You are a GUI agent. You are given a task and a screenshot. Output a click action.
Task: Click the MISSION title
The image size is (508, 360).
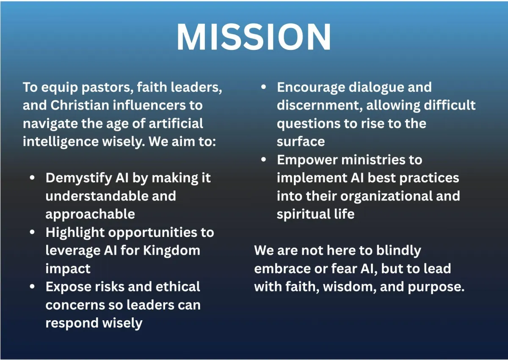(254, 37)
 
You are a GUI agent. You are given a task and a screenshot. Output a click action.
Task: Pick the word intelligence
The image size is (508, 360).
(61, 142)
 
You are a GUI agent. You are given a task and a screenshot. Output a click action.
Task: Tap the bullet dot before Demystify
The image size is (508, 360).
(32, 178)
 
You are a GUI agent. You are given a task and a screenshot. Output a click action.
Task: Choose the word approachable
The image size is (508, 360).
(90, 214)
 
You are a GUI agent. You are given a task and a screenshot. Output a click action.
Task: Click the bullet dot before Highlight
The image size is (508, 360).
(32, 232)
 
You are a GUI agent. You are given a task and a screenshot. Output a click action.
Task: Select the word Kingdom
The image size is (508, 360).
(172, 251)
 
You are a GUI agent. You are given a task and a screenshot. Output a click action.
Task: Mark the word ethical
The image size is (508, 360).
(178, 286)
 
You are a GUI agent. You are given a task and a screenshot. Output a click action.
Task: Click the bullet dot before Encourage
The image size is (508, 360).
(263, 87)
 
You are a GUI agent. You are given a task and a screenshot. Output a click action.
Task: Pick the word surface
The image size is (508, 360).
(301, 142)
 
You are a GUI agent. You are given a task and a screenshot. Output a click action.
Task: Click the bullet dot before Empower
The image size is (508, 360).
(263, 160)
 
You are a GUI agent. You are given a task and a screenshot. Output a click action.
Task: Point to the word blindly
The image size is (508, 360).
(398, 251)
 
